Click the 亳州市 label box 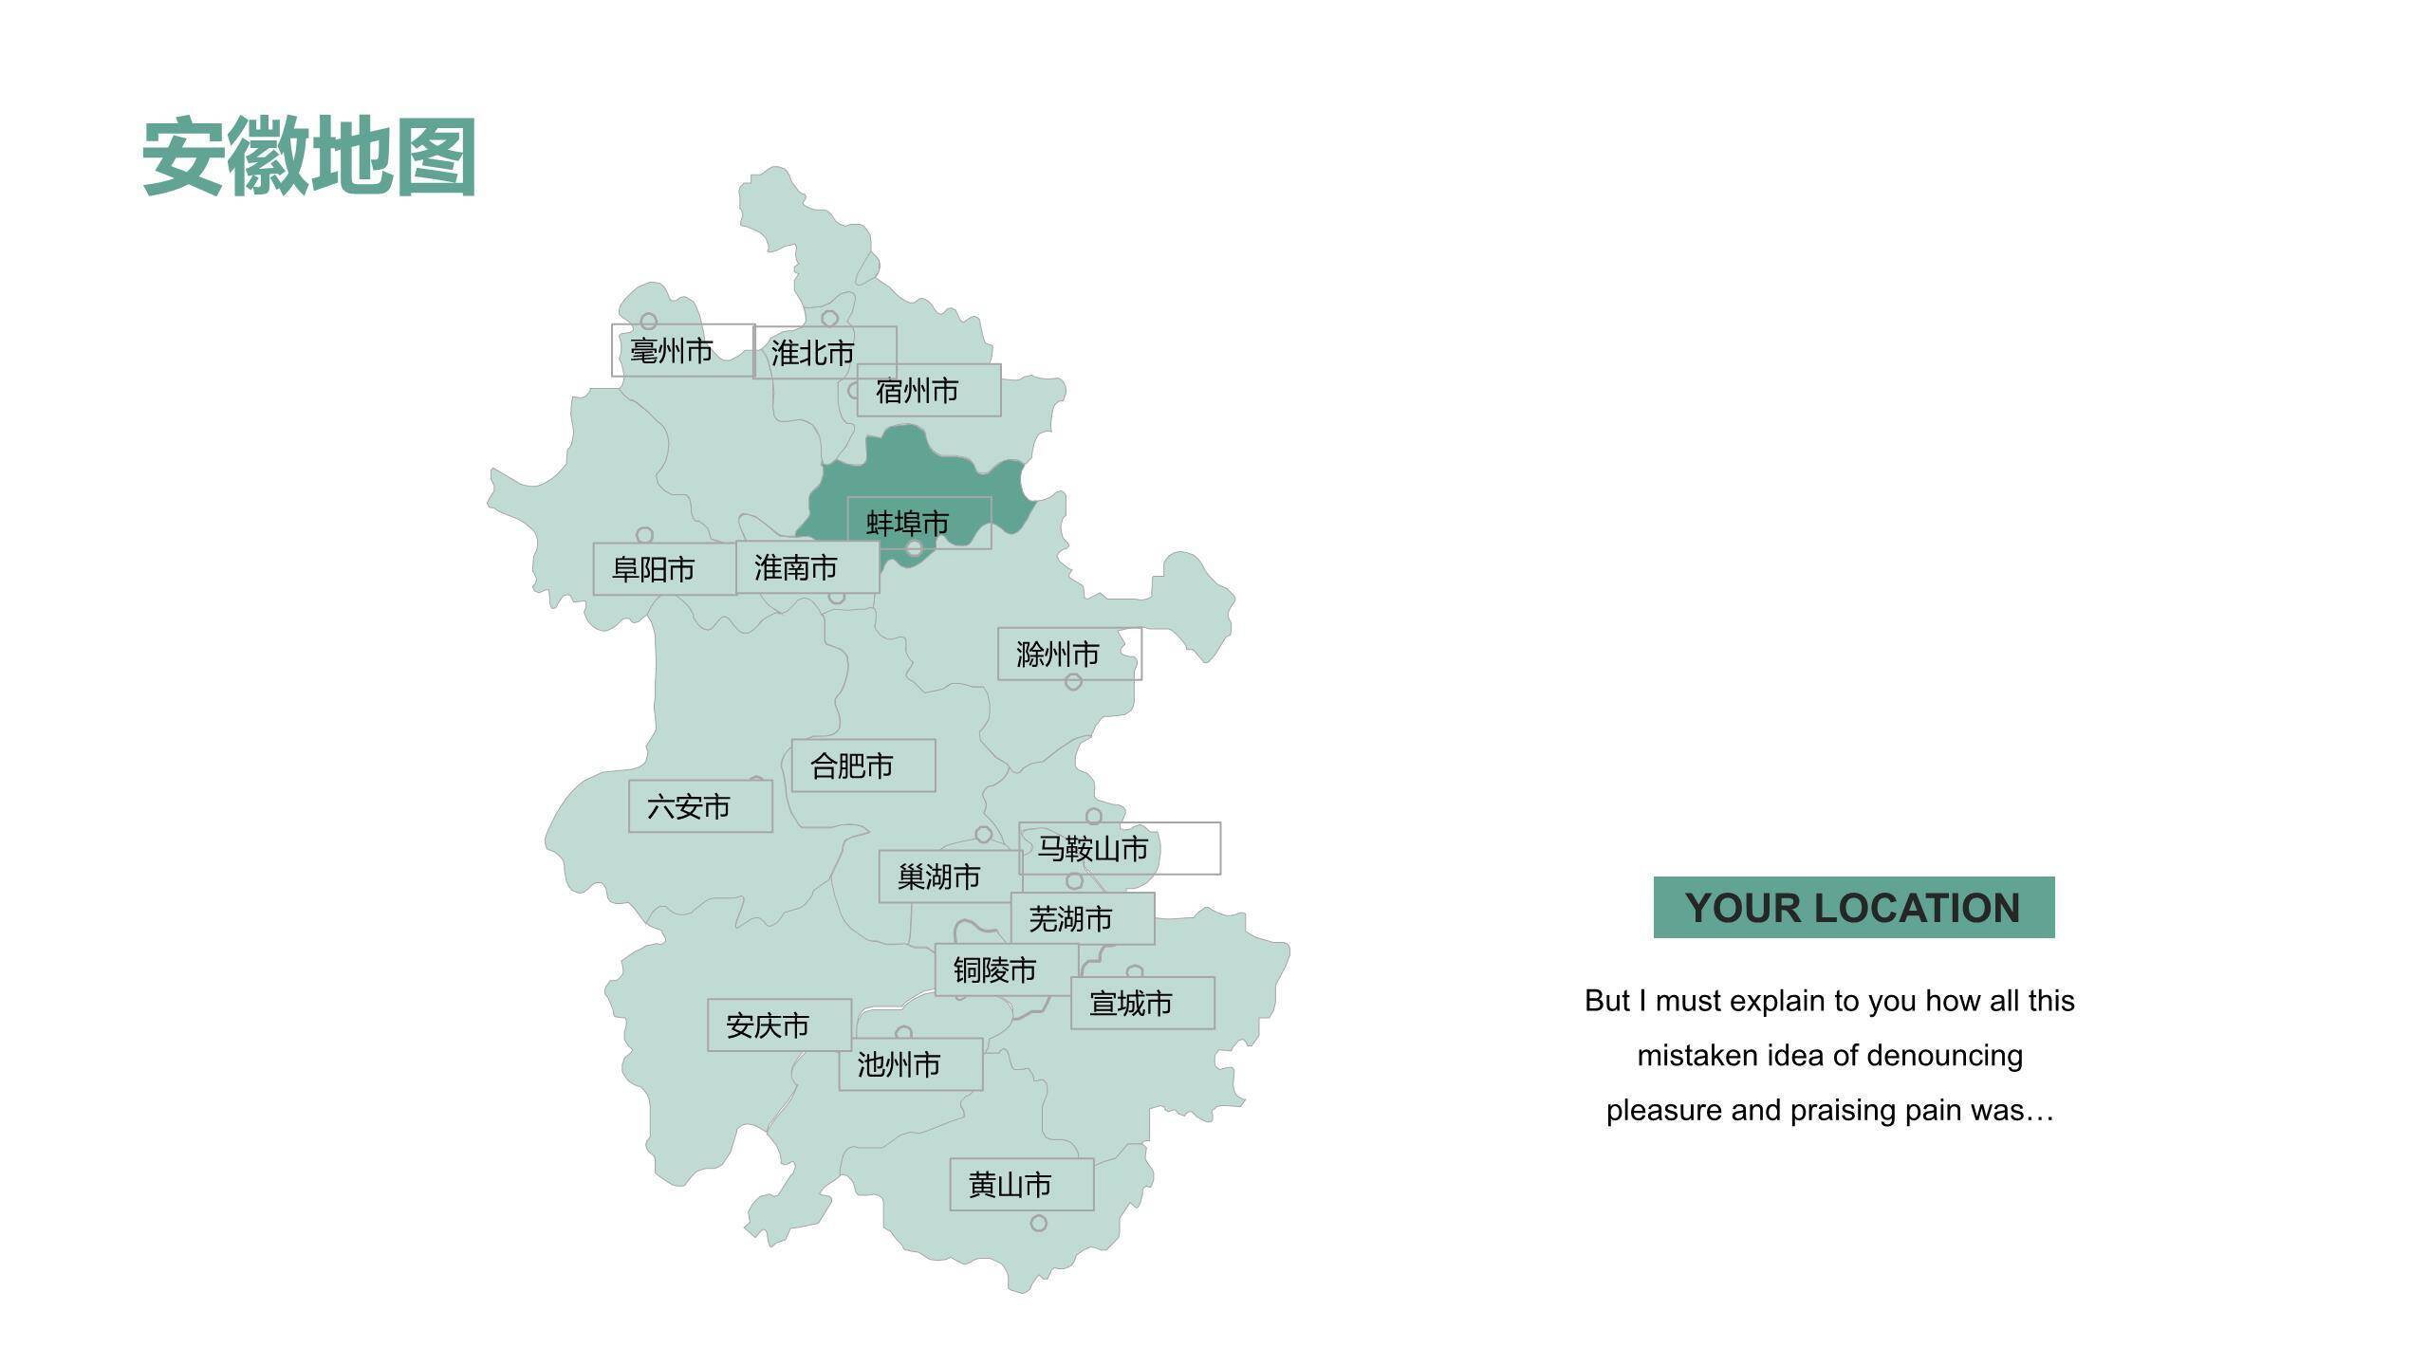tap(682, 350)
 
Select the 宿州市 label tap(928, 390)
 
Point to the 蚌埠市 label tap(918, 523)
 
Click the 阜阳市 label tap(664, 569)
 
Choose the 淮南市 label tap(807, 567)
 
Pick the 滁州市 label tap(1068, 654)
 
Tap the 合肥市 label tap(862, 766)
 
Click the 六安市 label tap(699, 806)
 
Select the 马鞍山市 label tap(1119, 848)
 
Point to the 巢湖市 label tap(949, 877)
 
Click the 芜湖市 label tap(1082, 918)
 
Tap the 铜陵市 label tap(1006, 969)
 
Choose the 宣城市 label tap(1141, 1003)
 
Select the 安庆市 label tap(778, 1024)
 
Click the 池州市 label tap(910, 1064)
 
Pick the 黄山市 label tap(1021, 1184)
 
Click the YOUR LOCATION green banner tap(1853, 908)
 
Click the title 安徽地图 tap(309, 157)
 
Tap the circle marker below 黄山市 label tap(1039, 1224)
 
